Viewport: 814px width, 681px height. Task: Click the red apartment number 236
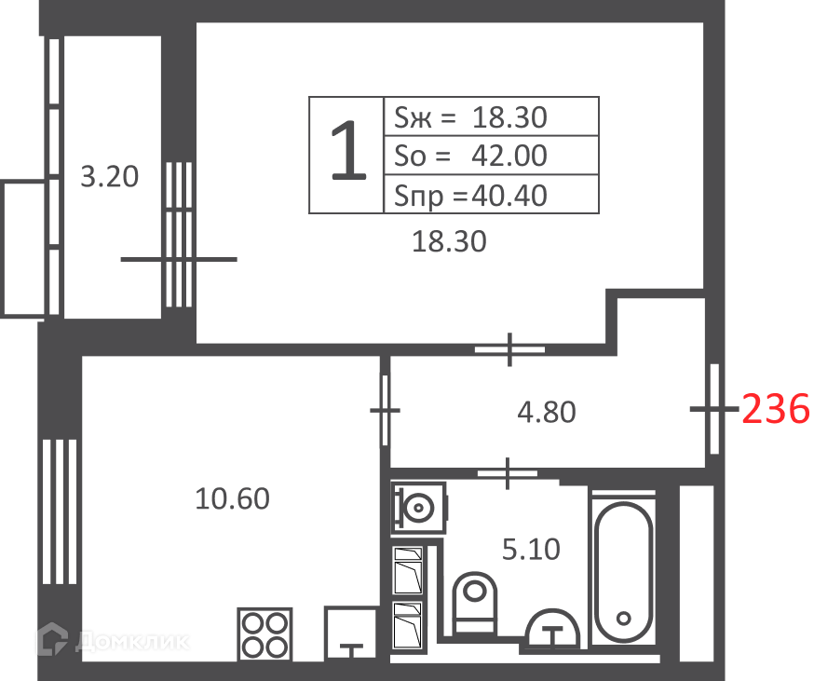pyautogui.click(x=776, y=408)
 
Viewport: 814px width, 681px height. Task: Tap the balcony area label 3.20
pyautogui.click(x=110, y=176)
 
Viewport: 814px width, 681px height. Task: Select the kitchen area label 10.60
pyautogui.click(x=232, y=498)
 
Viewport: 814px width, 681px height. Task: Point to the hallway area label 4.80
pyautogui.click(x=547, y=412)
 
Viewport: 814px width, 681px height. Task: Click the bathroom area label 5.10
pyautogui.click(x=531, y=549)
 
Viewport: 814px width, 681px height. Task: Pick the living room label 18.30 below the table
pyautogui.click(x=449, y=241)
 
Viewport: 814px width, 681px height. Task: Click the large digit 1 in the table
pyautogui.click(x=348, y=151)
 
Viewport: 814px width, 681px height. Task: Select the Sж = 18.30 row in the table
pyautogui.click(x=491, y=116)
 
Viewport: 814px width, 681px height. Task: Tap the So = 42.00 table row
pyautogui.click(x=491, y=156)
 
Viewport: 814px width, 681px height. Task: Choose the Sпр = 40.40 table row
pyautogui.click(x=491, y=195)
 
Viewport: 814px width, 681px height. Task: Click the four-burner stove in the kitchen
pyautogui.click(x=265, y=634)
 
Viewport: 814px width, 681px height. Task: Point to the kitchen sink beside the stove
pyautogui.click(x=350, y=634)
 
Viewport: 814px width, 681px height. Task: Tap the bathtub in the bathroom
pyautogui.click(x=623, y=567)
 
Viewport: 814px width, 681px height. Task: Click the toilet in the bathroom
pyautogui.click(x=474, y=603)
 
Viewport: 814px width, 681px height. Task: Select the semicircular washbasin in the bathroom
pyautogui.click(x=552, y=630)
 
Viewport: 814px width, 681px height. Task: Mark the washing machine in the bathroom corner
pyautogui.click(x=418, y=508)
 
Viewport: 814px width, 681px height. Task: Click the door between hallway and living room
pyautogui.click(x=509, y=349)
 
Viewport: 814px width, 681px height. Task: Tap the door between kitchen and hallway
pyautogui.click(x=385, y=410)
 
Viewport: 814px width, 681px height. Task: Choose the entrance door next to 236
pyautogui.click(x=714, y=409)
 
